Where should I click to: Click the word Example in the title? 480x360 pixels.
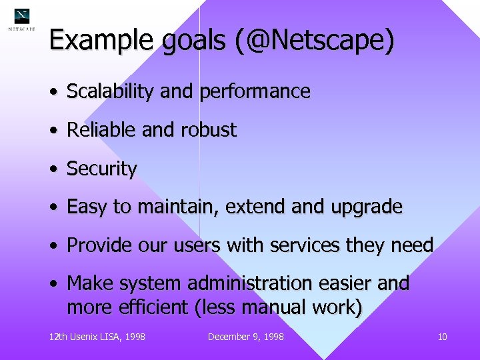(x=102, y=41)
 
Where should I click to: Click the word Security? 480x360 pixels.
(x=102, y=169)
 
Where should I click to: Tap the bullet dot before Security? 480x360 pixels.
(x=53, y=169)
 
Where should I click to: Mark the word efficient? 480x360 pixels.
(x=151, y=307)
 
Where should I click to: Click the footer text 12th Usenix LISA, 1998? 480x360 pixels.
(x=97, y=337)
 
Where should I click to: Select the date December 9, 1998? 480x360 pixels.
(x=245, y=337)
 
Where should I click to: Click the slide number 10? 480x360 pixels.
(x=442, y=337)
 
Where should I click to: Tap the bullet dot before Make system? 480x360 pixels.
(x=53, y=283)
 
